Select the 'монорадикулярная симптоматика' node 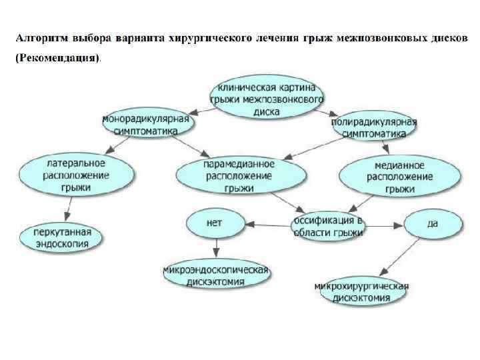145,125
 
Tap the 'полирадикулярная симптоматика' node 374,127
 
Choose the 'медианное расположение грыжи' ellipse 399,177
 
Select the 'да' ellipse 433,225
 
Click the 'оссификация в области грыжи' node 327,226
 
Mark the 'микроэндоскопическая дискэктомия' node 215,275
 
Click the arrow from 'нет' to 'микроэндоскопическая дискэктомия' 215,249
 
